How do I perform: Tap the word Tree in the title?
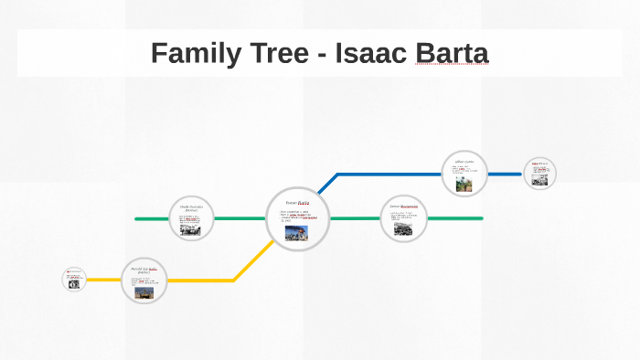click(x=281, y=53)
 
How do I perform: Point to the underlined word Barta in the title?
click(x=452, y=53)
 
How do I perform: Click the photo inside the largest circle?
click(x=296, y=232)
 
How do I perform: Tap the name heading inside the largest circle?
click(x=298, y=203)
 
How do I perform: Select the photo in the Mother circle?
click(x=190, y=229)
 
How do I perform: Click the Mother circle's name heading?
click(x=191, y=207)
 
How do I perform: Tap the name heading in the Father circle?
click(x=145, y=270)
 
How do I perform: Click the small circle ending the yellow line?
click(x=74, y=279)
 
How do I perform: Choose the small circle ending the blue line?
click(x=539, y=173)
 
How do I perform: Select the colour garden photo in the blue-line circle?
click(x=464, y=184)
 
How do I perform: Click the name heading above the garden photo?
click(x=464, y=163)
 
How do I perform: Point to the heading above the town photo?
click(x=403, y=206)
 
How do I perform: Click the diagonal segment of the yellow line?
click(x=251, y=263)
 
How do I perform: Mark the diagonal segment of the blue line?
click(x=322, y=187)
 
